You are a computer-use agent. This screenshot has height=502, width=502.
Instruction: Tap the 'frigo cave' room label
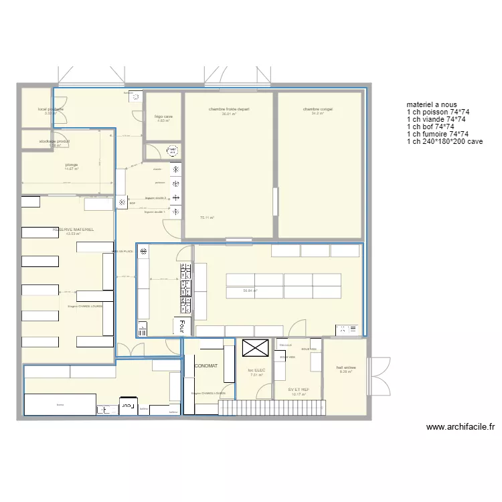point(163,116)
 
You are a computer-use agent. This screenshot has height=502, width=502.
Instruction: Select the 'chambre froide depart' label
point(229,109)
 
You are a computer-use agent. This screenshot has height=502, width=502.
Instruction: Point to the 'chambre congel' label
point(317,109)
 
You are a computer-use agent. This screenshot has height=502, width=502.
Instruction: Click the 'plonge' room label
point(72,164)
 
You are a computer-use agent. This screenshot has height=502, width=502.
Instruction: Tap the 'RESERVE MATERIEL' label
point(74,229)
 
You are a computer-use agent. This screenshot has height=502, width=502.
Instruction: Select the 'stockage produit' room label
point(55,141)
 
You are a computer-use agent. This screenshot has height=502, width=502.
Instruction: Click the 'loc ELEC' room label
point(256,370)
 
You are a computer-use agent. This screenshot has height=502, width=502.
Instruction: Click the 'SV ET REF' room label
point(299,390)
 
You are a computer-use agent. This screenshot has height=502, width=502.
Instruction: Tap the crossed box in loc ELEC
point(254,348)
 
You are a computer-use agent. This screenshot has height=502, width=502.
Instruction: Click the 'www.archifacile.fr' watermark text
point(460,426)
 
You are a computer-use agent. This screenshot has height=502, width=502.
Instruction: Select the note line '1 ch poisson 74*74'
point(438,112)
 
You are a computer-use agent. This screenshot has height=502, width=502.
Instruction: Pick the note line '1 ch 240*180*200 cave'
point(444,141)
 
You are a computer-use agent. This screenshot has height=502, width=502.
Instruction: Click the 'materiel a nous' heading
point(431,104)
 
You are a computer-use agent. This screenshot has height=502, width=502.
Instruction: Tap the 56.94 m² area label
point(250,290)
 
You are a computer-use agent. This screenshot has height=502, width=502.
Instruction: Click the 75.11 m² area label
point(207,218)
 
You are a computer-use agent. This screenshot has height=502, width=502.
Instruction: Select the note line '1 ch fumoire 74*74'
point(438,134)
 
